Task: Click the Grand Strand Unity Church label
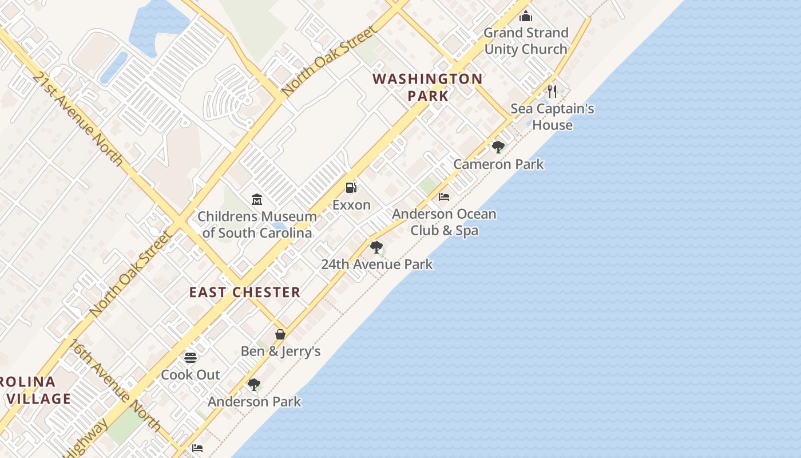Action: pos(526,41)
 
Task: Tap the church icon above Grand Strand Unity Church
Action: pos(526,16)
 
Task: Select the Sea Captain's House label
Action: pos(552,117)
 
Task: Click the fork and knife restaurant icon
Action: pos(552,90)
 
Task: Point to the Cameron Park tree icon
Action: pos(498,147)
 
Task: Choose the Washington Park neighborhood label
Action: pos(428,87)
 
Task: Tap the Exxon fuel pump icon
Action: pos(351,187)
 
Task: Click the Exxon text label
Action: pos(351,205)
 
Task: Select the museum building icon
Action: pos(257,200)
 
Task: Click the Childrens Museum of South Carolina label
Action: pos(257,224)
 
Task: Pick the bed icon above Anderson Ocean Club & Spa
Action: pos(444,197)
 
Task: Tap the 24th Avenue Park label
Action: pos(376,264)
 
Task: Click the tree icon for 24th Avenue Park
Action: pos(376,247)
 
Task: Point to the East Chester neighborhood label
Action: pos(245,293)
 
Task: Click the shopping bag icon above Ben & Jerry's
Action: pos(280,334)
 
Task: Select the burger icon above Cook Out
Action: pos(191,358)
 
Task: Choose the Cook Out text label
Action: pos(191,375)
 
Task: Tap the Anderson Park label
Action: pos(254,402)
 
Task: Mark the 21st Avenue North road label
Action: pos(77,119)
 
